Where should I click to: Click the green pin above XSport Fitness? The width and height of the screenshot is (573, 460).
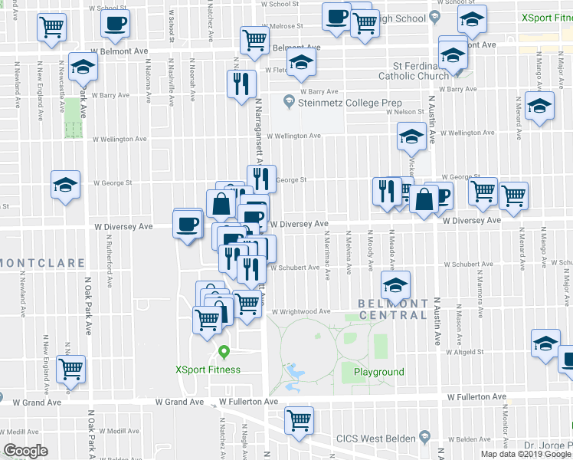pos(224,353)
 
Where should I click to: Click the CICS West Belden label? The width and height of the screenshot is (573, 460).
pos(375,439)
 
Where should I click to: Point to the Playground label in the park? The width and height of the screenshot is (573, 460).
pos(378,372)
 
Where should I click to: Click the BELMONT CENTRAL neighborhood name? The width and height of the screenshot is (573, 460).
pos(393,309)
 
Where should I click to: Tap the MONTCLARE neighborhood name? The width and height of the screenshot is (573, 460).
pos(42,263)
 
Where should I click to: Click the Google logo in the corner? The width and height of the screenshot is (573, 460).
pos(25,451)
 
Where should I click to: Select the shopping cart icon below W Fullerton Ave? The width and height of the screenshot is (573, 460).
pos(299,419)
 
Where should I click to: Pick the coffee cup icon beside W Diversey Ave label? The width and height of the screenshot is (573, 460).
pos(188,224)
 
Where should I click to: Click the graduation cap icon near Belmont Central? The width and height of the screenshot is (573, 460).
pos(395,286)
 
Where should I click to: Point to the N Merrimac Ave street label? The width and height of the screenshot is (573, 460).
pos(326,253)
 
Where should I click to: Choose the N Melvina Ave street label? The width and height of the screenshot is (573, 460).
pos(349,252)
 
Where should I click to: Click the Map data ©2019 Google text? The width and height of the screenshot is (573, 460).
pos(526,454)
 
